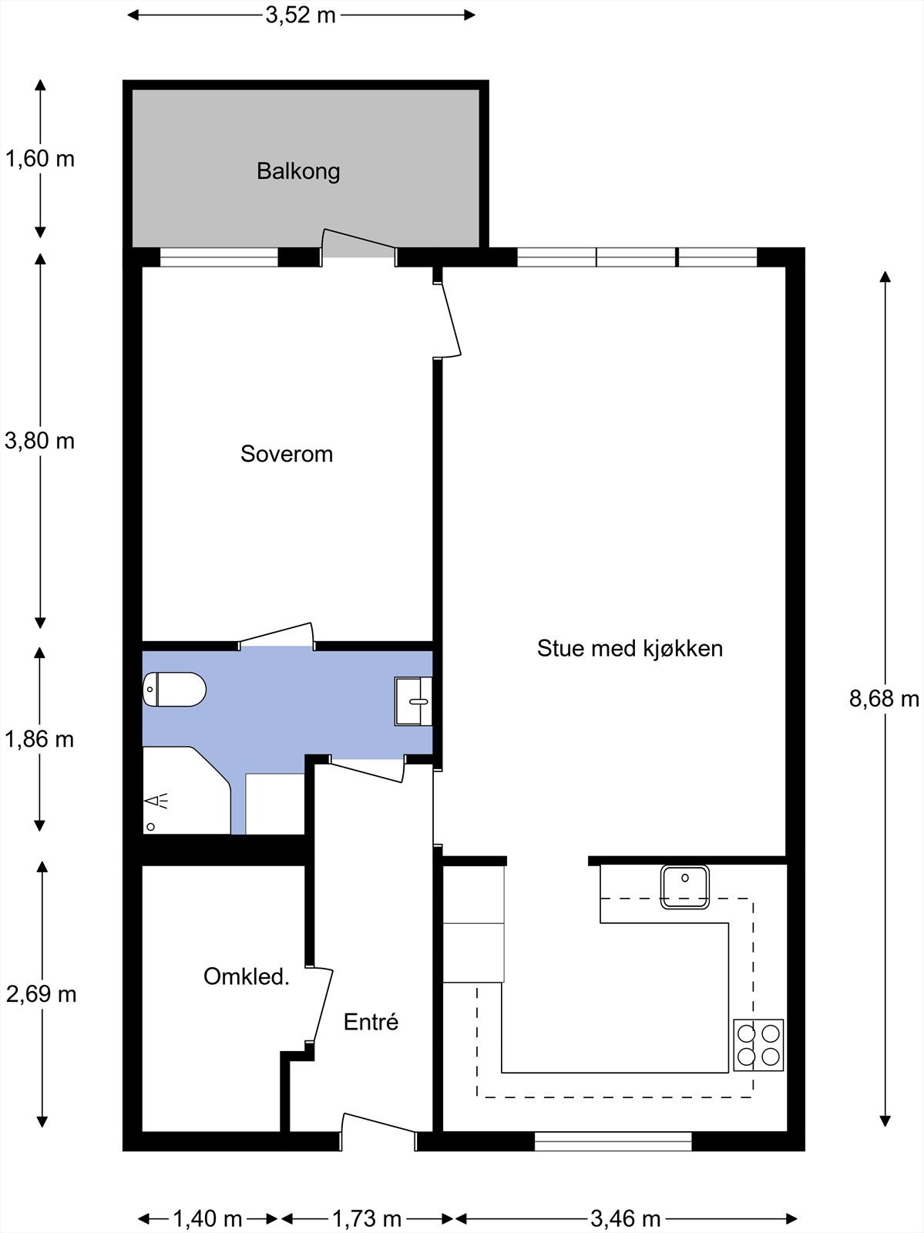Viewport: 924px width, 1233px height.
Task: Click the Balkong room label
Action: pos(298,171)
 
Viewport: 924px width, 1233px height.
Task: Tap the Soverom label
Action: pos(287,454)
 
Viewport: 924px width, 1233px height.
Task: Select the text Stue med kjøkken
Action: pos(630,648)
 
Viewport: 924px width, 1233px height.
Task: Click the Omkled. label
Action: pos(247,976)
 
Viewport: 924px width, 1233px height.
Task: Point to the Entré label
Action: pos(371,1022)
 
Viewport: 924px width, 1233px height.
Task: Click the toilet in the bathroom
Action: pos(175,689)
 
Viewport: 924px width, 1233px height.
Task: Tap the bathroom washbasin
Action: pos(413,701)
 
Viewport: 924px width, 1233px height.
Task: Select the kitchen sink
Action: pos(684,886)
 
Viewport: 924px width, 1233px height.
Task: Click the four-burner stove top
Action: pos(758,1045)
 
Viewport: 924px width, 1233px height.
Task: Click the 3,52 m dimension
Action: pos(301,15)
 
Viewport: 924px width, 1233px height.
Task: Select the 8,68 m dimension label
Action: pos(884,698)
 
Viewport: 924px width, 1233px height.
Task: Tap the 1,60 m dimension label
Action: pos(40,159)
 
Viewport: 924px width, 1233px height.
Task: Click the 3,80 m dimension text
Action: pos(40,441)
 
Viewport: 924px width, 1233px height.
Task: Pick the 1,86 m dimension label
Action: pos(40,739)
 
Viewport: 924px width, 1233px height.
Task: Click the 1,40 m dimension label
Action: pos(207,1218)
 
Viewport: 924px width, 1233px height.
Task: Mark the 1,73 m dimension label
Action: pos(367,1218)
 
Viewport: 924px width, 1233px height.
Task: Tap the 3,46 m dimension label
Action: pos(626,1218)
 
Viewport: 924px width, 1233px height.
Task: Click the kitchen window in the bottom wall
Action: pos(613,1141)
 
